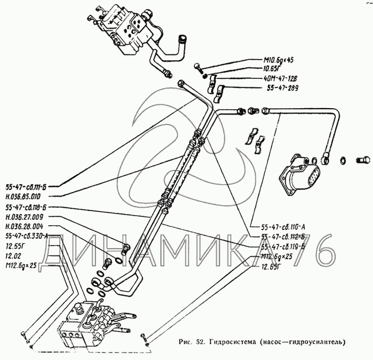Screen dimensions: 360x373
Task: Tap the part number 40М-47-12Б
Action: pos(283,78)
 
